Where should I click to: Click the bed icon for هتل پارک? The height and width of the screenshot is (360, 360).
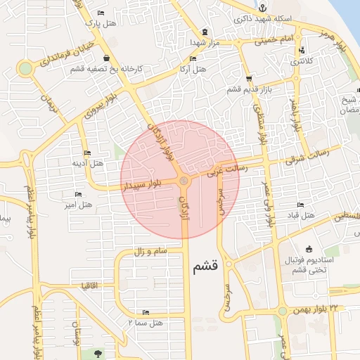click(x=101, y=13)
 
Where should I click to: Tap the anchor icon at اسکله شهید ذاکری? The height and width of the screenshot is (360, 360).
click(x=260, y=8)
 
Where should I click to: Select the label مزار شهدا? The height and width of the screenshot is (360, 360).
click(x=204, y=42)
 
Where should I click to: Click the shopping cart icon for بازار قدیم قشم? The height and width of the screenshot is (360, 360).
click(x=250, y=79)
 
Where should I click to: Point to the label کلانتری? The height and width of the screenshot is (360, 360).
click(x=302, y=61)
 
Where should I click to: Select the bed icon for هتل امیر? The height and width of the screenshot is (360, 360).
click(x=77, y=193)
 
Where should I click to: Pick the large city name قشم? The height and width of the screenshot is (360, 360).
click(x=206, y=266)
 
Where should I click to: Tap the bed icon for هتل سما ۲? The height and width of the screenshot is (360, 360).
click(x=146, y=312)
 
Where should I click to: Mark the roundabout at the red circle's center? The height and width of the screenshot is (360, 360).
click(x=184, y=181)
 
